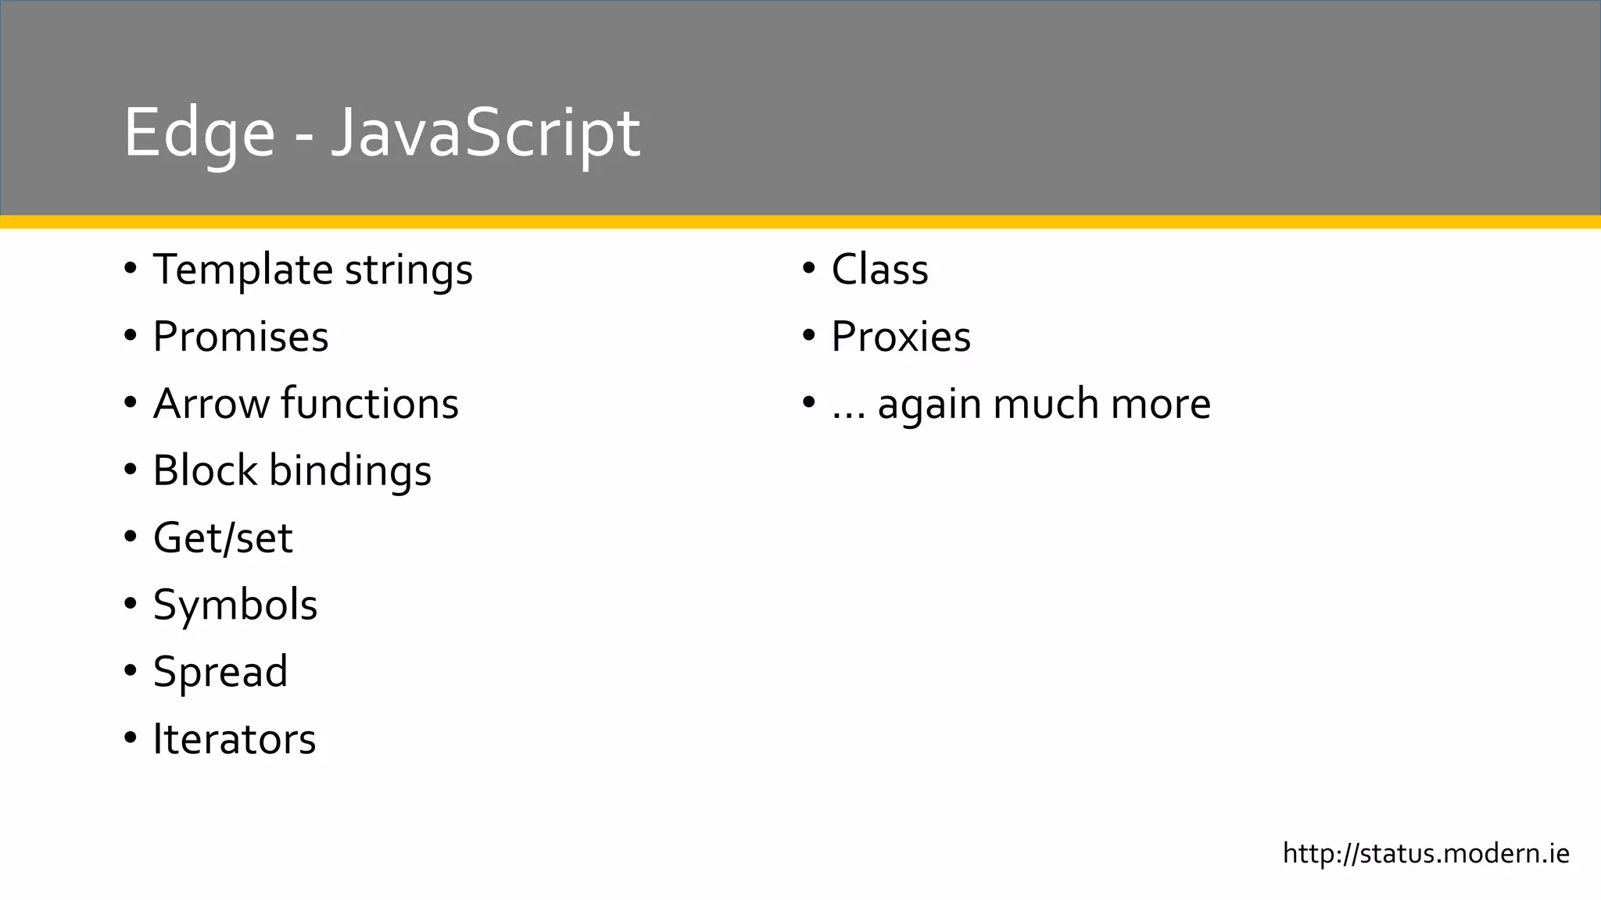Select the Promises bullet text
241,337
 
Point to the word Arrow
210,404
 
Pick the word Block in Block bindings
205,471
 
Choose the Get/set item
223,538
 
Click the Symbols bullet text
235,605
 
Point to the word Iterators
235,739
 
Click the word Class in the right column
879,270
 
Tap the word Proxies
901,337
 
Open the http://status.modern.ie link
1426,854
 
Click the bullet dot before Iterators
131,738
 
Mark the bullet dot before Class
809,270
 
